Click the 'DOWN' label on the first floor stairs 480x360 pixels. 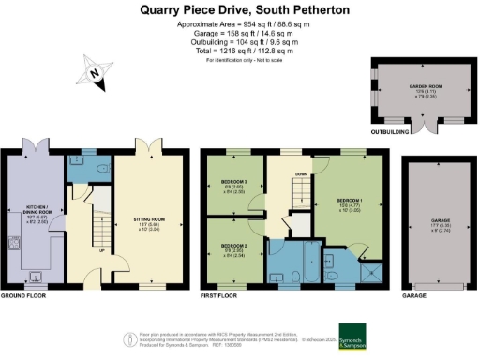click(301, 174)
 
